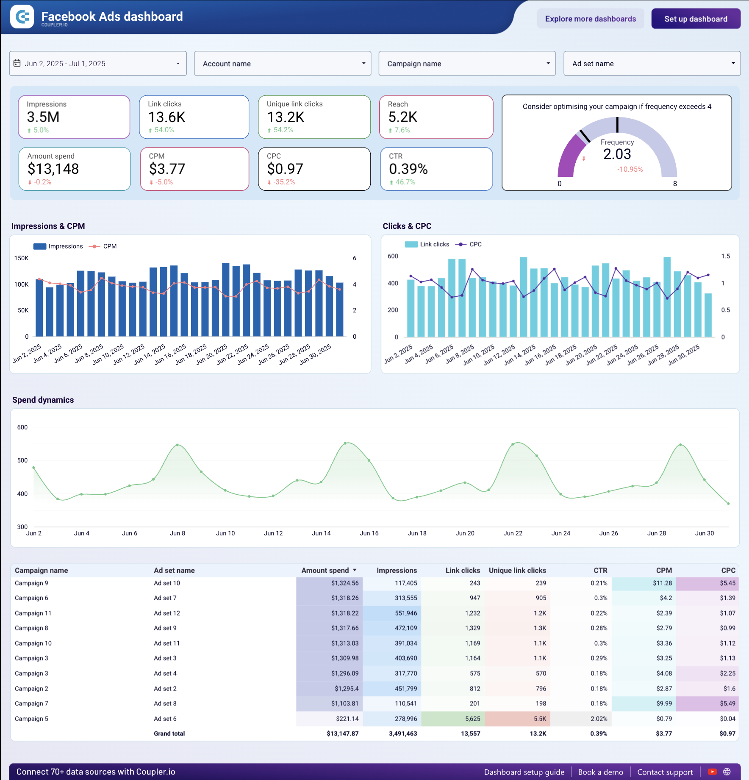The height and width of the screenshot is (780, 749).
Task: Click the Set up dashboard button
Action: [696, 19]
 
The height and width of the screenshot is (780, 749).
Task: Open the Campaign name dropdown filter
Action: [467, 64]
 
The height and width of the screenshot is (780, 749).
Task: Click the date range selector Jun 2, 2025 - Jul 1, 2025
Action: [98, 64]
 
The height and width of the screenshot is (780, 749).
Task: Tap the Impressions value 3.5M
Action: [43, 117]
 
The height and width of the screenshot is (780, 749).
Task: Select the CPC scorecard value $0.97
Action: [285, 169]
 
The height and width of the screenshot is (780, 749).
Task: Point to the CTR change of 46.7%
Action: [405, 182]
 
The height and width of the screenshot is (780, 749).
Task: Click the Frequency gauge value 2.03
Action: [617, 154]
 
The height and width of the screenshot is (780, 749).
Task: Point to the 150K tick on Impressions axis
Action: [22, 258]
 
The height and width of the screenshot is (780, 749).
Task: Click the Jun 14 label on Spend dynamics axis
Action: [321, 533]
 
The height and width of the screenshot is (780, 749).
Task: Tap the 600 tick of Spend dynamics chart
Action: [22, 427]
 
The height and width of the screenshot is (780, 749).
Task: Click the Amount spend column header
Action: [325, 571]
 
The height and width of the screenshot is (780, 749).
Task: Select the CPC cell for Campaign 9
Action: [727, 583]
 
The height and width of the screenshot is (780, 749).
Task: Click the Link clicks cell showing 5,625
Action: [472, 719]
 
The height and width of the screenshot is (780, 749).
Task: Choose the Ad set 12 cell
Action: [167, 613]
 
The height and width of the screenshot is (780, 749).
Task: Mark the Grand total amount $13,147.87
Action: [342, 733]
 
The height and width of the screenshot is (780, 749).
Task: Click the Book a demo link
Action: [600, 772]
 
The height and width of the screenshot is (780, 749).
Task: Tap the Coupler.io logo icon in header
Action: [22, 17]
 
